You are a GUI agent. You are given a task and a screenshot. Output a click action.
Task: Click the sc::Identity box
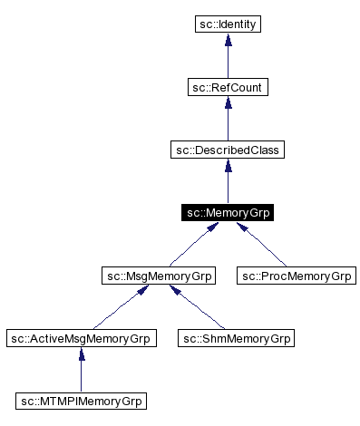click(228, 24)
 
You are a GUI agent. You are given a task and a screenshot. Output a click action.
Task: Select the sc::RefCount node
click(228, 87)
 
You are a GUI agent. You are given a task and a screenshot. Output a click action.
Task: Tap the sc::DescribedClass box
click(228, 150)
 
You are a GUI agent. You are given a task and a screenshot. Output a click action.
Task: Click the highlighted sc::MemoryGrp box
click(228, 213)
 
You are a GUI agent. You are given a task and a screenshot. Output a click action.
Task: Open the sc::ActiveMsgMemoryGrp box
click(81, 338)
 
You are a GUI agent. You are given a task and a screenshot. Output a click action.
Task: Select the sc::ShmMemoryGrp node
click(235, 338)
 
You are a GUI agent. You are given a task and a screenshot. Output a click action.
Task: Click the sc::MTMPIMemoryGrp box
click(81, 401)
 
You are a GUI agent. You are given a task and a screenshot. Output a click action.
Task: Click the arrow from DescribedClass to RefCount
click(228, 120)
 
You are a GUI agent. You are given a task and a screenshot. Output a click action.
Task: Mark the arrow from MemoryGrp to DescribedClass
click(228, 183)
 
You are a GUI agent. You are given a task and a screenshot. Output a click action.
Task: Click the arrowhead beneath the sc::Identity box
click(228, 41)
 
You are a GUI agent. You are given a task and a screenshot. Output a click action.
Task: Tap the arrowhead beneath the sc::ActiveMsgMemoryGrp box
click(81, 355)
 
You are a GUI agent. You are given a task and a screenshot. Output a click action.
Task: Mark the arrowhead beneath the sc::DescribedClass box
click(228, 167)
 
